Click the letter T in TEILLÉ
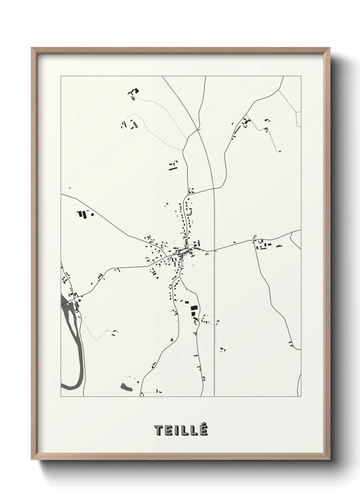pos(159,430)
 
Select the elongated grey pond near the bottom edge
pos(126,387)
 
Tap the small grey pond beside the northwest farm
pos(132,98)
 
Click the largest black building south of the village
pos(194,308)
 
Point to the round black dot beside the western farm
pos(92,215)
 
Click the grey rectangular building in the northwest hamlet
pos(135,125)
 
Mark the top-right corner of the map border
pos(301,76)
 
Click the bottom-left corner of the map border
pos(61,396)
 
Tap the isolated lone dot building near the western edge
pos(70,188)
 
